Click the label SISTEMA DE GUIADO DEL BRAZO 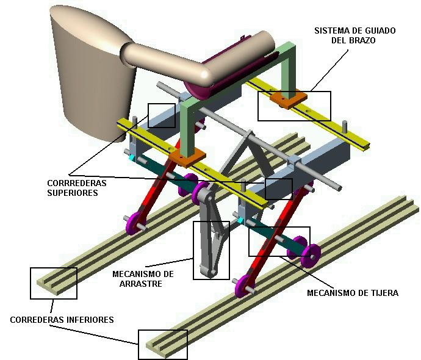pyautogui.click(x=355, y=35)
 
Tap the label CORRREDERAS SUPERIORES pyautogui.click(x=77, y=188)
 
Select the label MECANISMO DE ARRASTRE pyautogui.click(x=143, y=279)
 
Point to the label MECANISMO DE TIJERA pyautogui.click(x=353, y=293)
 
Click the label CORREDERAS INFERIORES pyautogui.click(x=62, y=320)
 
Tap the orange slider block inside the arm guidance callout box pyautogui.click(x=289, y=99)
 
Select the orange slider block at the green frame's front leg pyautogui.click(x=188, y=158)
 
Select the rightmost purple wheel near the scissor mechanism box pyautogui.click(x=311, y=256)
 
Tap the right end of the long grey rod pyautogui.click(x=338, y=188)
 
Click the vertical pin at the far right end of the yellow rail pyautogui.click(x=345, y=128)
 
